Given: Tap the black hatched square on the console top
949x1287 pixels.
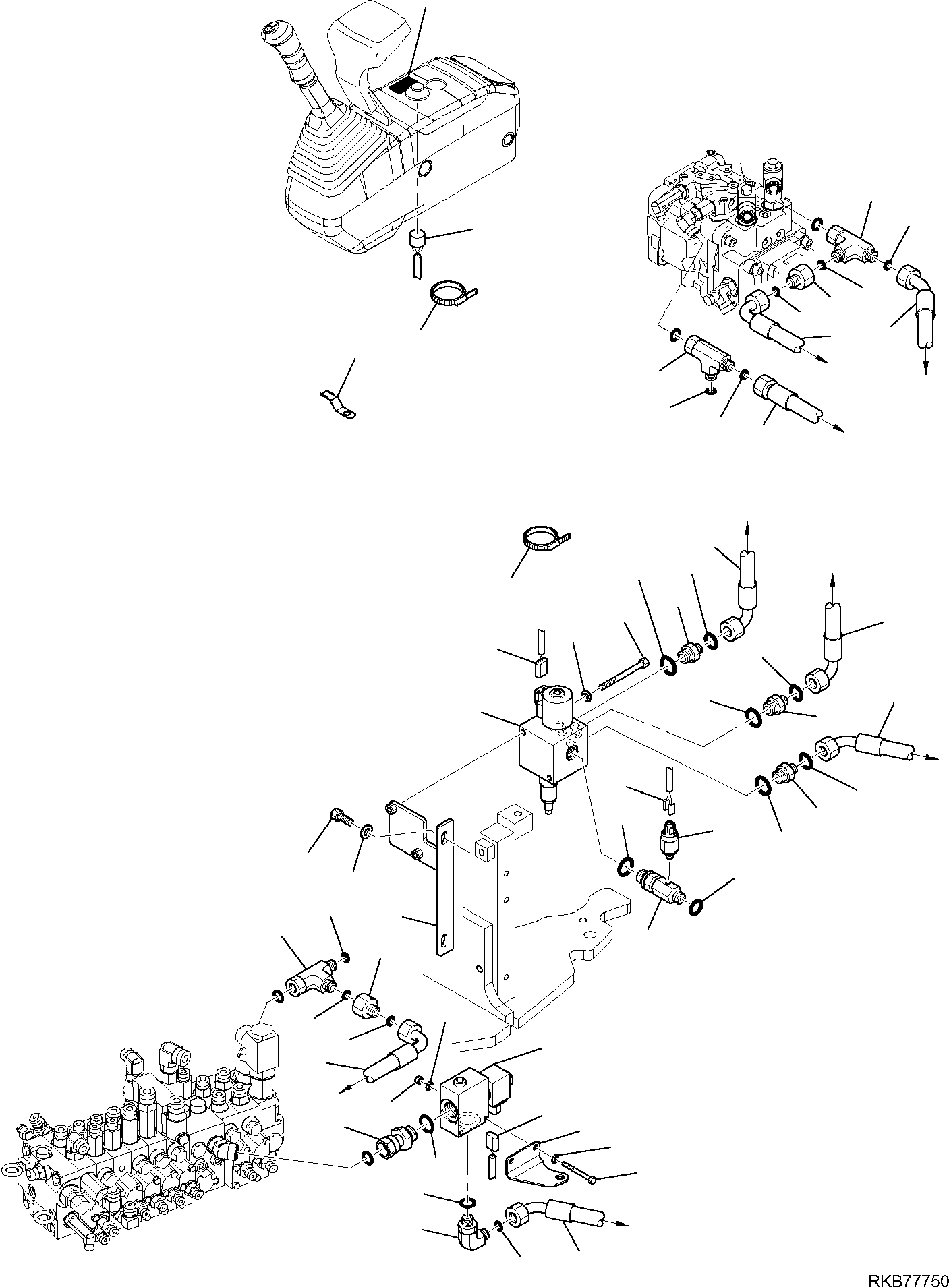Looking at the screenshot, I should click(x=403, y=84).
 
